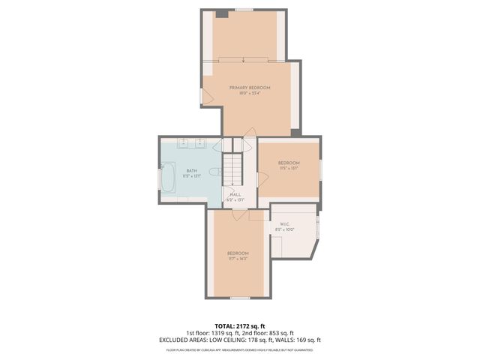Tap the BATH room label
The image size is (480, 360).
pyautogui.click(x=192, y=171)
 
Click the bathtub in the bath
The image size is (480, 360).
pyautogui.click(x=168, y=181)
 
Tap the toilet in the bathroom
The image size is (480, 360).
pyautogui.click(x=214, y=172)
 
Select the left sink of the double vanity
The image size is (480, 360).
pyautogui.click(x=184, y=142)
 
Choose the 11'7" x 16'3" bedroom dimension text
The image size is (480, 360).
pyautogui.click(x=238, y=259)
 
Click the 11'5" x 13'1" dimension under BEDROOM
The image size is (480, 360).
pyautogui.click(x=289, y=169)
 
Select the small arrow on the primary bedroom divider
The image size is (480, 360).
pyautogui.click(x=243, y=59)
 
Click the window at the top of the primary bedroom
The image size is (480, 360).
pyautogui.click(x=243, y=10)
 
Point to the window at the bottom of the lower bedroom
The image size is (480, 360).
pyautogui.click(x=238, y=298)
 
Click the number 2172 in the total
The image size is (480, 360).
pyautogui.click(x=247, y=326)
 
